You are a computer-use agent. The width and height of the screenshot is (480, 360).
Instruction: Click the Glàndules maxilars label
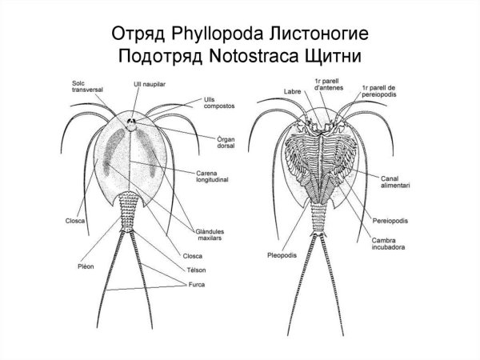(207, 232)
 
